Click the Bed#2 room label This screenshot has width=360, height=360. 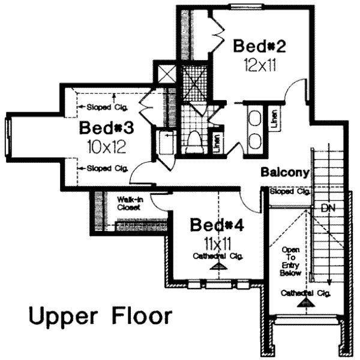coord(259,46)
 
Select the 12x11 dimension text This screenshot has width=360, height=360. coord(259,65)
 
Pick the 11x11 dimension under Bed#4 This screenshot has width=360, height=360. coord(216,244)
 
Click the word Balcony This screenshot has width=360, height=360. coord(285,173)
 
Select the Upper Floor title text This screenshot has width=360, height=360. coord(100,316)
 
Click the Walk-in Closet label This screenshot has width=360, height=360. coord(128,203)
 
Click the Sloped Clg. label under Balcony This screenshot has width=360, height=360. coord(290,193)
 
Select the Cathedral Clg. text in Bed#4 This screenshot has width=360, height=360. coord(216,257)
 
